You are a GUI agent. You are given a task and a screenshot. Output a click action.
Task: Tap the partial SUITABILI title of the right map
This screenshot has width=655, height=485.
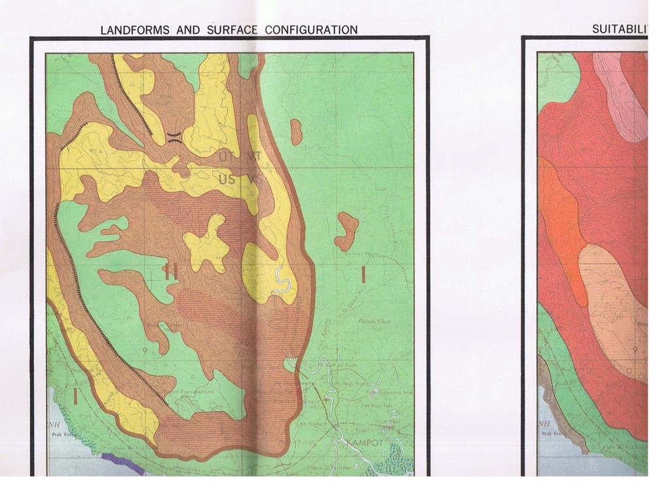[619, 29]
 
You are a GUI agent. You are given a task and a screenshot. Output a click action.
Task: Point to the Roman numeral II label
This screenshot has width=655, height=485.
[172, 269]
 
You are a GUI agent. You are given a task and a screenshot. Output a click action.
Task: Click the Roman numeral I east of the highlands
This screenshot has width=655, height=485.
[363, 275]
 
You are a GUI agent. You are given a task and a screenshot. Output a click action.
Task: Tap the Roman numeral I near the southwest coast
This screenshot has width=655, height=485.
[76, 395]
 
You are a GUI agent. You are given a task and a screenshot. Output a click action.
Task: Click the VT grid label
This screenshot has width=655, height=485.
[254, 157]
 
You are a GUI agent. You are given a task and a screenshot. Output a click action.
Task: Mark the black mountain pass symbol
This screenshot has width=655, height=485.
[174, 136]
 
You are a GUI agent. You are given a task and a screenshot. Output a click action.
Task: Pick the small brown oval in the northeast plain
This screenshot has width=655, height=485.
[296, 132]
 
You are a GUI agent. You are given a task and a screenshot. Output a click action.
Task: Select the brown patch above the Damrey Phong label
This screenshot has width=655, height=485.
[346, 231]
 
